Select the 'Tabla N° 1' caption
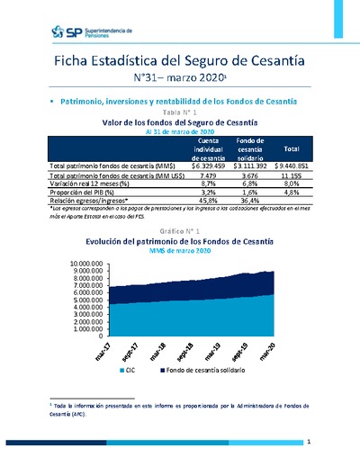click(179, 112)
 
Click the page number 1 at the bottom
click(309, 443)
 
